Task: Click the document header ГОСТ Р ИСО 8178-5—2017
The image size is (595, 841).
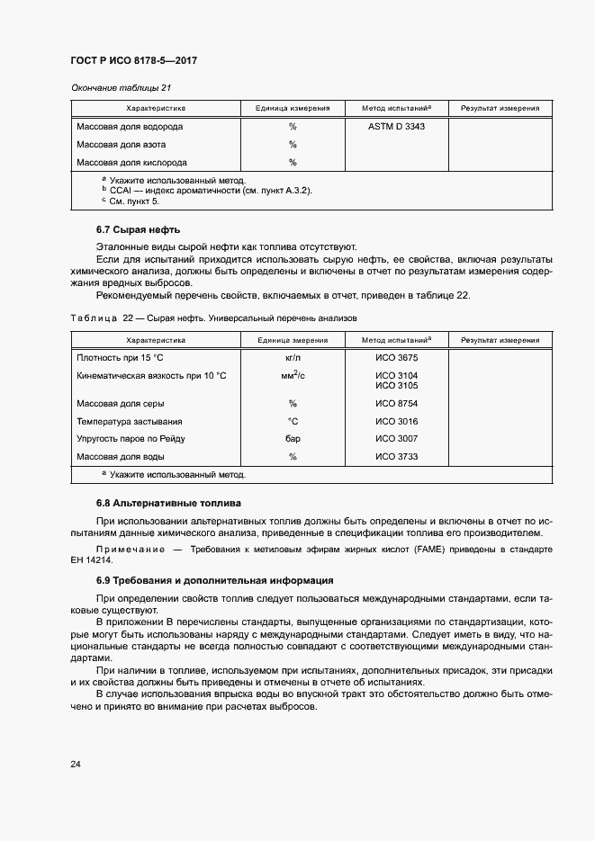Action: pos(133,60)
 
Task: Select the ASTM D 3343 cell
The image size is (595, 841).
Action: pos(396,127)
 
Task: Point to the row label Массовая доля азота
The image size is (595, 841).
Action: pos(121,145)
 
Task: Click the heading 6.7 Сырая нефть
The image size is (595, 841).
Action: pos(138,230)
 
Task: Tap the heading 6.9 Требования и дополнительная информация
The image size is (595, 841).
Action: pos(214,580)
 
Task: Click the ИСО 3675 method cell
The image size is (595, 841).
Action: pos(396,358)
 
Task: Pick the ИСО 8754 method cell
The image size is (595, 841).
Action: pos(396,404)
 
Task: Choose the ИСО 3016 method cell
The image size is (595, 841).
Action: pos(396,421)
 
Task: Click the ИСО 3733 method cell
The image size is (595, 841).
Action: pos(396,457)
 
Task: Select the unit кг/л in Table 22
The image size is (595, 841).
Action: pos(293,358)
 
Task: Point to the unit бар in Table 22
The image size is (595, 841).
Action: pos(293,439)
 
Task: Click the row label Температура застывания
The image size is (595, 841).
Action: pos(130,421)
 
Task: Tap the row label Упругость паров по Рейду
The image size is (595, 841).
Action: pos(131,439)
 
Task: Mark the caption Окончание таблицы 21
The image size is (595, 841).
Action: pos(121,87)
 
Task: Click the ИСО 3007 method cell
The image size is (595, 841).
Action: pos(396,439)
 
